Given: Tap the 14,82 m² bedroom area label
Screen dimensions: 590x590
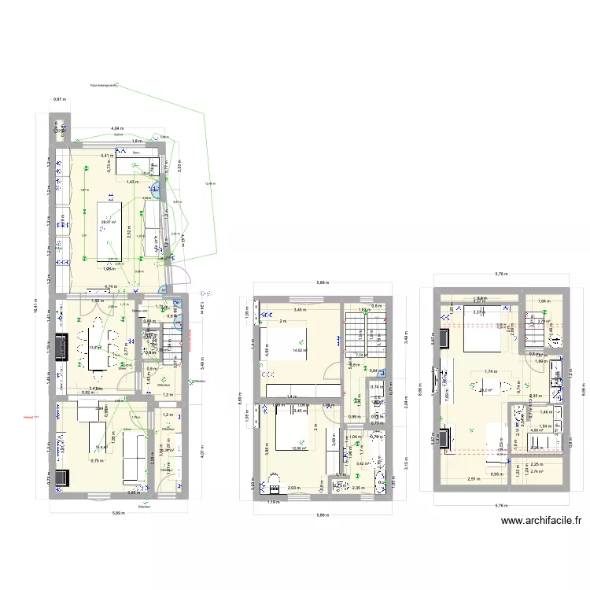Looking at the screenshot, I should (300, 351).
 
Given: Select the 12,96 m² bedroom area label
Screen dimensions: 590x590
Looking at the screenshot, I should (299, 448).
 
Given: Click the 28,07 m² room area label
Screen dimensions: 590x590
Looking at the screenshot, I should (109, 223).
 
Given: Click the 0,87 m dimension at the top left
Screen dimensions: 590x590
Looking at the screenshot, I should (58, 99).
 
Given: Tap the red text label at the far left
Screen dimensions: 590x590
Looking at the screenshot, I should (31, 417).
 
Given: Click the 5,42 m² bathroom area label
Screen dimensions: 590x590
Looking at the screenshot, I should (363, 464).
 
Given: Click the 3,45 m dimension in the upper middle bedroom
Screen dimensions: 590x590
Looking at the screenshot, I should (300, 310).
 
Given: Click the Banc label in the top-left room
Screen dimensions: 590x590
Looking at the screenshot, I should (135, 153).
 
